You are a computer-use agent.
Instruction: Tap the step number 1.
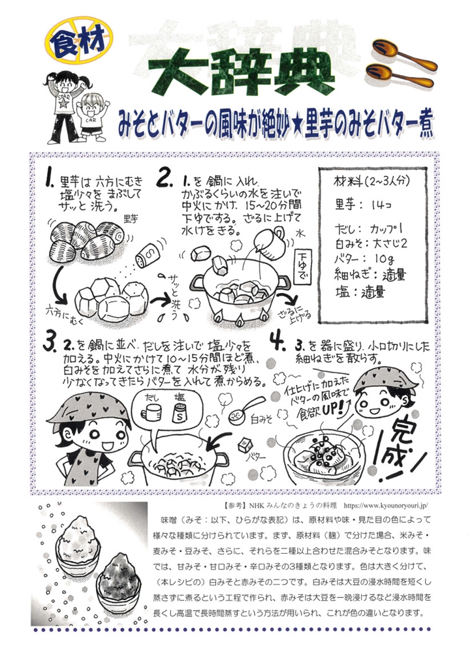(51, 179)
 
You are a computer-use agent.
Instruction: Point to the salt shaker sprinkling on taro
(146, 255)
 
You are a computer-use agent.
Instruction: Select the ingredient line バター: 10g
(365, 258)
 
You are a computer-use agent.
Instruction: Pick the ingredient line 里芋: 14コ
(363, 204)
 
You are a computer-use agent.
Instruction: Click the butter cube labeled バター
(245, 446)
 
